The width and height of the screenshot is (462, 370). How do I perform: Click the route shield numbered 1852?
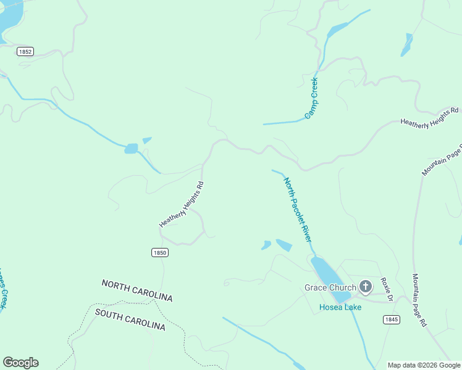25,52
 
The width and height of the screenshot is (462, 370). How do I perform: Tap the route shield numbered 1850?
159,253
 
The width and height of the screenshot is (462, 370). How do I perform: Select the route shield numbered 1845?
391,319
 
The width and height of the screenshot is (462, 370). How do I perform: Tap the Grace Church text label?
330,287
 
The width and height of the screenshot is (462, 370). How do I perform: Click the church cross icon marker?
366,287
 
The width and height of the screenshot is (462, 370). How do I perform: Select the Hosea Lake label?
337,307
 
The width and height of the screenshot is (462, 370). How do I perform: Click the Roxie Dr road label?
387,289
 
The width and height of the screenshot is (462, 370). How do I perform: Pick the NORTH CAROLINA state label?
137,290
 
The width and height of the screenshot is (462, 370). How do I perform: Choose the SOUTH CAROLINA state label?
130,319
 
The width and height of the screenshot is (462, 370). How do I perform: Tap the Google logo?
20,363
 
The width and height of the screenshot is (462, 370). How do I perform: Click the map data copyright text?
424,365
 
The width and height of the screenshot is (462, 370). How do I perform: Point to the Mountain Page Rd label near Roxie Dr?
419,300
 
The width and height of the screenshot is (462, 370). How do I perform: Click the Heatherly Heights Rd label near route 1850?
181,204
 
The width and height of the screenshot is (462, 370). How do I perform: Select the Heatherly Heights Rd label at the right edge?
429,117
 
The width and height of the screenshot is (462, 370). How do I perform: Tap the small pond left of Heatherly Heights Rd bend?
131,149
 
